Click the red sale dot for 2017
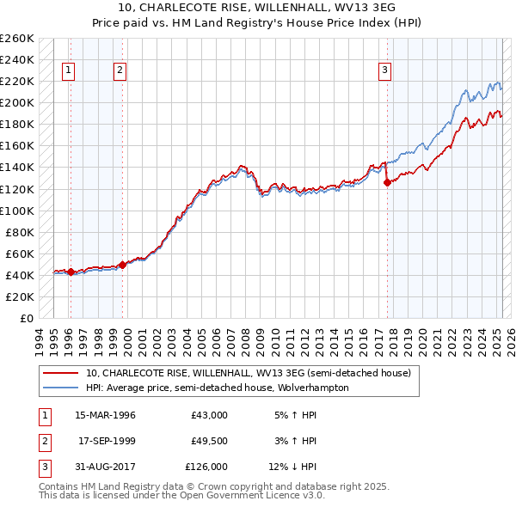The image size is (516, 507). (387, 181)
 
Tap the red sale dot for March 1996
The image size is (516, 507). (71, 272)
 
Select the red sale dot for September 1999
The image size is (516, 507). (122, 265)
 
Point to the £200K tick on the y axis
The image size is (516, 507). (17, 102)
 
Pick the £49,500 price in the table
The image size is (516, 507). (210, 441)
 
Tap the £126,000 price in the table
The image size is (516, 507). (207, 467)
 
